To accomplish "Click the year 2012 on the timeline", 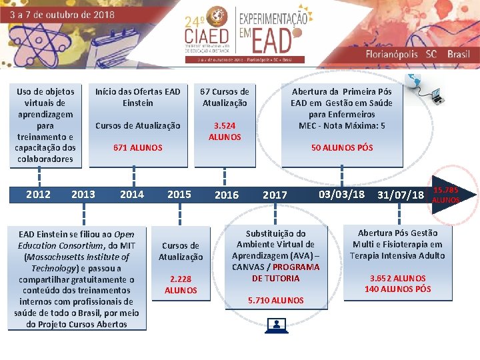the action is [38, 194].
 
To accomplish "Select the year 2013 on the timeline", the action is [83, 194].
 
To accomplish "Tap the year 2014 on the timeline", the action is [131, 194].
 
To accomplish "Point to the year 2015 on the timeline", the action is [179, 194].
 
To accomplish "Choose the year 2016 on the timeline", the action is [226, 195].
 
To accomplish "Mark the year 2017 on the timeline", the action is [275, 195].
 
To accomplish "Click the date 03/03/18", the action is [341, 194].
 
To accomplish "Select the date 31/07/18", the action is [400, 195].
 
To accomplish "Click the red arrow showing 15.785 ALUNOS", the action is [449, 194].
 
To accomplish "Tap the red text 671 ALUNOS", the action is [137, 147].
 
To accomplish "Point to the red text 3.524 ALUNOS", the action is [225, 131].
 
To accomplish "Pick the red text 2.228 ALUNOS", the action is [181, 285].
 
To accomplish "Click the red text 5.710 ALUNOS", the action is [275, 300].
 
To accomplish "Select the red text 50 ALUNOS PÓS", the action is [341, 147].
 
